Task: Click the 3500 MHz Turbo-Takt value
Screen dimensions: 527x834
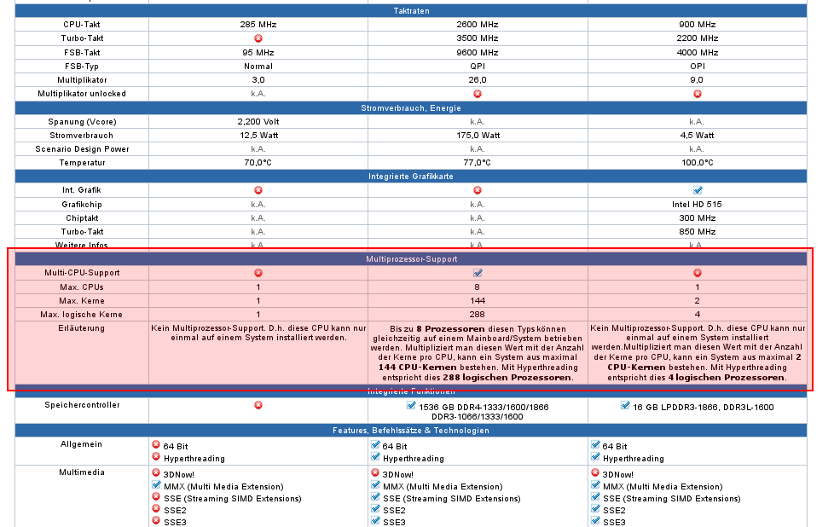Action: pos(477,38)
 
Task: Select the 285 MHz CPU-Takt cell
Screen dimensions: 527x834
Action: pos(258,25)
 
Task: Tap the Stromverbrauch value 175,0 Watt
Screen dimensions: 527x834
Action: pos(477,135)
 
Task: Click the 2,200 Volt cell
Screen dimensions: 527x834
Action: pos(258,121)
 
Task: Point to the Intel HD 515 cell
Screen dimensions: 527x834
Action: pos(697,204)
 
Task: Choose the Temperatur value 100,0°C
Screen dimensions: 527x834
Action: pos(697,162)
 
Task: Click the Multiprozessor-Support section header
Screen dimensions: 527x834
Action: pos(411,258)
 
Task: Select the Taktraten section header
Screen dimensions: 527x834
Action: pos(411,11)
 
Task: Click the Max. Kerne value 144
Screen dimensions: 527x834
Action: pos(477,300)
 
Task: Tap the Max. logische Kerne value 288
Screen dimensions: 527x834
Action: pos(477,314)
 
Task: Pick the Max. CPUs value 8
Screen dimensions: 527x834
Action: pos(477,287)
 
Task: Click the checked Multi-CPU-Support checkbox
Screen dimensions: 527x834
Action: pos(478,273)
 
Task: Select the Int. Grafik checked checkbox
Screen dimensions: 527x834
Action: pos(698,190)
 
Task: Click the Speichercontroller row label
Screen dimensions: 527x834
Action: pos(82,405)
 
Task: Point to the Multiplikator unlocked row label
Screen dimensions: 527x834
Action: pos(82,93)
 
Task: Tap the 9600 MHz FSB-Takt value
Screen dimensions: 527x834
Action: pos(477,52)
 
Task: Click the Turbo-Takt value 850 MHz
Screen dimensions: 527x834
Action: pos(697,231)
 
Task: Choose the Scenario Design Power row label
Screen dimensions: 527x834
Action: pos(82,148)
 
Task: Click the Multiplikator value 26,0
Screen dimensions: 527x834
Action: pos(477,79)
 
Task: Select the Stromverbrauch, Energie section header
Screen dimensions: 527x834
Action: pos(411,107)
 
